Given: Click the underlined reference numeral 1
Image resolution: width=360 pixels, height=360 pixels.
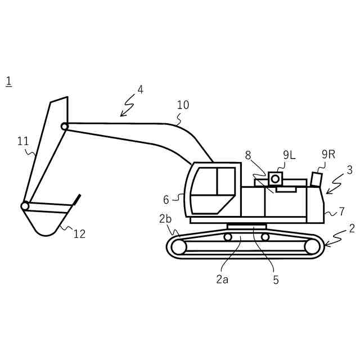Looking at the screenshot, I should (8, 81).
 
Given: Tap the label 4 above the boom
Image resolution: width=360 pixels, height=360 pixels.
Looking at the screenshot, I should (140, 89).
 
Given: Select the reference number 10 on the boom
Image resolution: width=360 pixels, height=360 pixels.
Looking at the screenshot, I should (183, 105).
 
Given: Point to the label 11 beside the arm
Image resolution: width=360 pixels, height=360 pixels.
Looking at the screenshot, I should (23, 141).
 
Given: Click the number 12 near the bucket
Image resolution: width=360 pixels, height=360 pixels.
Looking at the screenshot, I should (79, 234).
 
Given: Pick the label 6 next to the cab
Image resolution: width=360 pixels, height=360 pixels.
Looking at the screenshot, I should (166, 200).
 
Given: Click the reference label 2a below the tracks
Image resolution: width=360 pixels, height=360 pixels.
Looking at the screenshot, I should (222, 279).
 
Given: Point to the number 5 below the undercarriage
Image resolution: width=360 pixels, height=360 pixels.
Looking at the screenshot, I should (276, 280).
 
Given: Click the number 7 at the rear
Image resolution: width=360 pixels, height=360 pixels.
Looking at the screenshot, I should (341, 212).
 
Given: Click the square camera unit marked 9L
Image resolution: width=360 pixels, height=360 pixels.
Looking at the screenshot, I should (275, 178).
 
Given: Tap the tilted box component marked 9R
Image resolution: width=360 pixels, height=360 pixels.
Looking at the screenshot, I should (317, 179).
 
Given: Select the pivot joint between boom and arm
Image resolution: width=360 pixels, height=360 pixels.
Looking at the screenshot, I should (65, 127).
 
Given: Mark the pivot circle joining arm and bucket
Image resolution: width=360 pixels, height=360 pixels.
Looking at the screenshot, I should (25, 206).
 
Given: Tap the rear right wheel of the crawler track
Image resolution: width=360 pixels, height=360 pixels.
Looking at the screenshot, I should (312, 246).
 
